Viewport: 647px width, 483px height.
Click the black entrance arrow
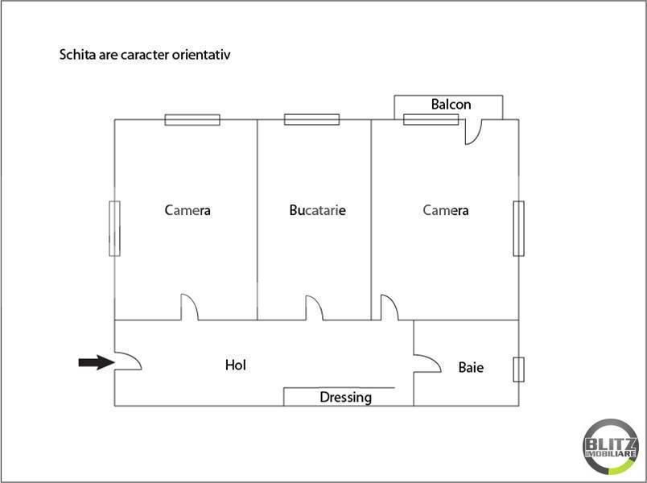tap(97, 362)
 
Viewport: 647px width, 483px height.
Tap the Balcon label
tap(451, 105)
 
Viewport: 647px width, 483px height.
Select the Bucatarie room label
tap(318, 210)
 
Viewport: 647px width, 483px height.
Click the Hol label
tap(236, 365)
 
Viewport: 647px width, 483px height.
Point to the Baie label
tap(471, 367)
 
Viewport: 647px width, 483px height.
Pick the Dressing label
tap(346, 397)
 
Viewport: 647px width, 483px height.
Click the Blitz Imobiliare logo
tap(611, 447)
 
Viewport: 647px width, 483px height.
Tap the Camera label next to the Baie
tap(446, 210)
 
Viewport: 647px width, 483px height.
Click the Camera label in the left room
tap(188, 210)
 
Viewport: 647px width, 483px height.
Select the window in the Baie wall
tap(519, 369)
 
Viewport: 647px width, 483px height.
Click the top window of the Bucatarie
tap(312, 120)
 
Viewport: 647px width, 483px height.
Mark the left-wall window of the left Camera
tap(115, 229)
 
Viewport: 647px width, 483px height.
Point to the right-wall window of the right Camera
tap(519, 229)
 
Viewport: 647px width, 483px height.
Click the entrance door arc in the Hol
tap(128, 361)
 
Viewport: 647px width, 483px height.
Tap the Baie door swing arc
tap(427, 363)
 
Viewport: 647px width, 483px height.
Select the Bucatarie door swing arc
tap(315, 308)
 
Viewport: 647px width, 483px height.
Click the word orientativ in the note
tap(201, 55)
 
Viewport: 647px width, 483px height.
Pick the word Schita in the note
tap(77, 55)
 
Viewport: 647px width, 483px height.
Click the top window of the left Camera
tap(192, 120)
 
